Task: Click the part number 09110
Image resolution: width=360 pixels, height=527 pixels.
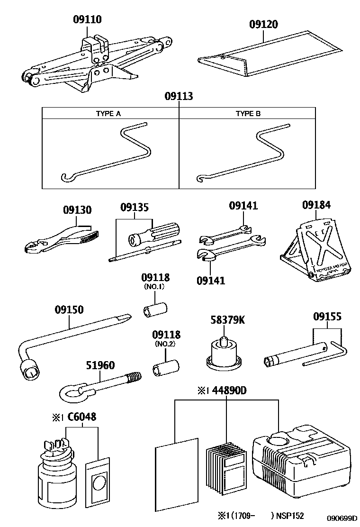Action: (x=87, y=19)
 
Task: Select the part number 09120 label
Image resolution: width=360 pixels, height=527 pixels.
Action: (x=263, y=25)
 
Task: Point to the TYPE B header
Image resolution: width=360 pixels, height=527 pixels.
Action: (x=248, y=114)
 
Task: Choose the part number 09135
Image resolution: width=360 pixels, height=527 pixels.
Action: (x=134, y=208)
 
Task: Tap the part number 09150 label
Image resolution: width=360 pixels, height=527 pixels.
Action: (x=69, y=309)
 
